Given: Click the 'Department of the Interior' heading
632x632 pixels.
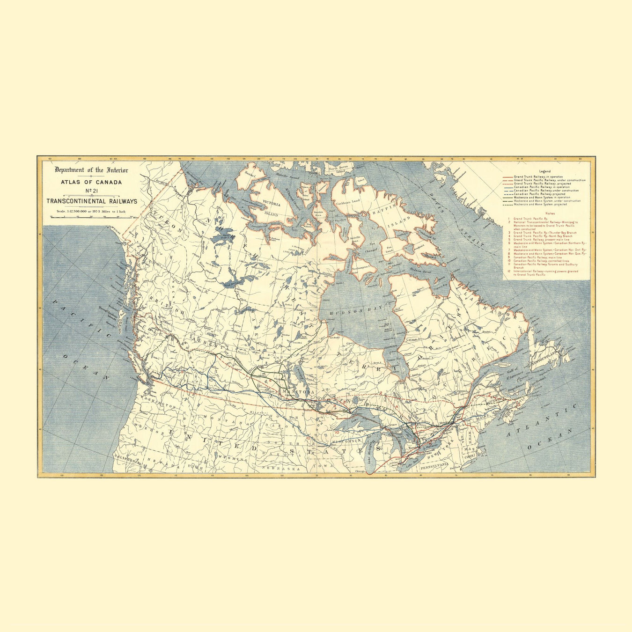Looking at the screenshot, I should tap(91, 170).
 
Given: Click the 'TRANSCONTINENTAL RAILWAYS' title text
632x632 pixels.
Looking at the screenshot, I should tap(92, 201).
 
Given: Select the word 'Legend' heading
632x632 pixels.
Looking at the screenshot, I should tap(545, 171).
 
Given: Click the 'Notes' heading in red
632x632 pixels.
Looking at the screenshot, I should tap(545, 213).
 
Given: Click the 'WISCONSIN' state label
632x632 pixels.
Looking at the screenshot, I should tap(347, 441).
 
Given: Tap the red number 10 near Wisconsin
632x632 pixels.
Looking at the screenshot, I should tap(337, 432).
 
